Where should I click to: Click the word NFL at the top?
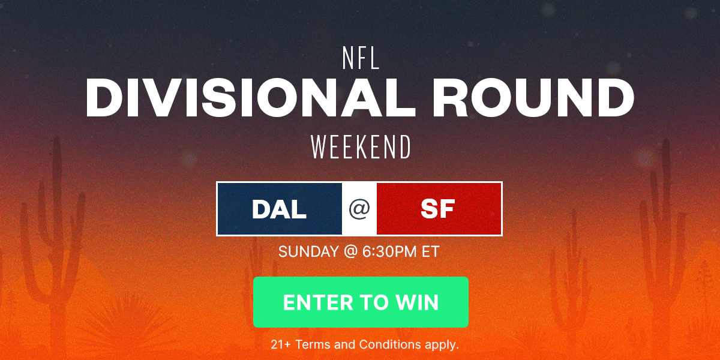point(360,59)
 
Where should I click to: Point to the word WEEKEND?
point(360,147)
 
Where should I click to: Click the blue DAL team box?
point(280,209)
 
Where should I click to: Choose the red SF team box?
point(438,209)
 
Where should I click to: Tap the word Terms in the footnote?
point(311,344)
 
